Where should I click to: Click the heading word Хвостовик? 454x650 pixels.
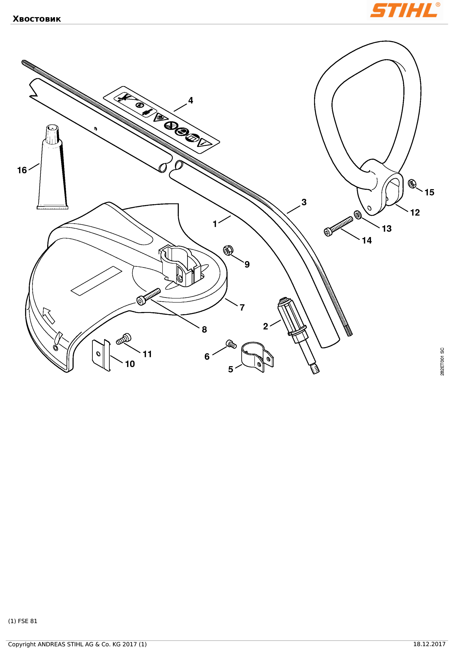coord(37,19)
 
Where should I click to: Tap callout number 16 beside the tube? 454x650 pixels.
coord(22,170)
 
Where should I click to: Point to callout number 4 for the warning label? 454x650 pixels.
coord(191,100)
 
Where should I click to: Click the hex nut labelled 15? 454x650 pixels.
coord(412,184)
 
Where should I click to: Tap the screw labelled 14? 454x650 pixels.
coord(339,226)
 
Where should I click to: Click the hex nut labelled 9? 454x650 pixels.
coord(228,250)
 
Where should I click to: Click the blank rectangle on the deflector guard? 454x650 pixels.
coord(96,281)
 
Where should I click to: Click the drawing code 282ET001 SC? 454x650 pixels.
coord(442,362)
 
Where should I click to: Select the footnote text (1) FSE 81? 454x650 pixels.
coord(23,621)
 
